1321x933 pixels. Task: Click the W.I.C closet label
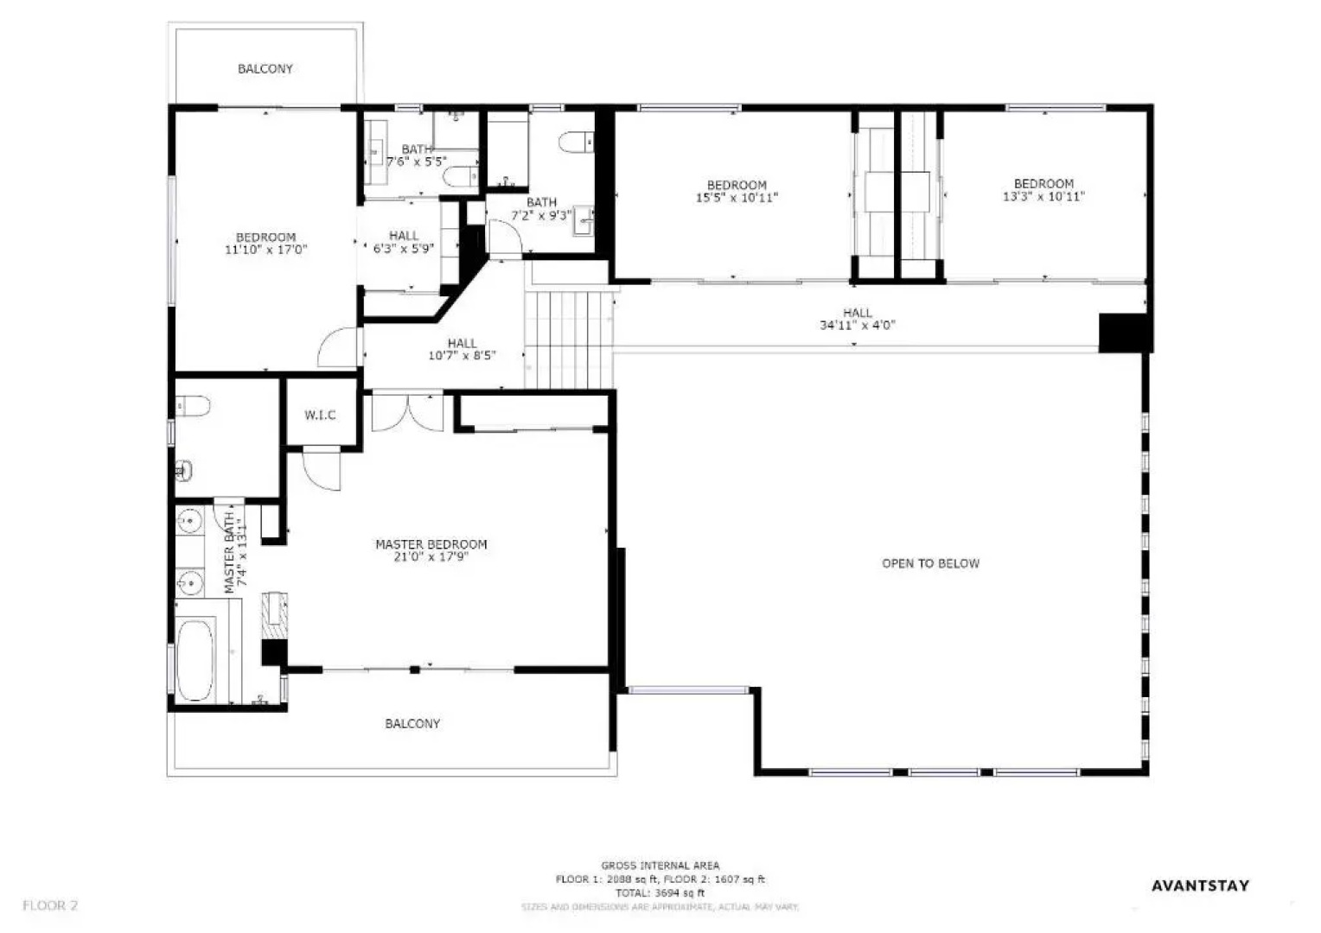coord(320,416)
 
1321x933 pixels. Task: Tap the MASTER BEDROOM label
coord(431,544)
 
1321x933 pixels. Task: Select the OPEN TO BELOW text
coord(930,563)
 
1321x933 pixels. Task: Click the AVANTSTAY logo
coord(1200,885)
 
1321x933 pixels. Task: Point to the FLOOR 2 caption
coord(50,905)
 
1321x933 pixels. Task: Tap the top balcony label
coord(265,68)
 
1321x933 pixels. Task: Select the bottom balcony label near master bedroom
coord(412,723)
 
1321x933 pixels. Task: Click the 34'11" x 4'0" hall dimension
coord(857,326)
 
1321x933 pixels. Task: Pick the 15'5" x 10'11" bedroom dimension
coord(737,198)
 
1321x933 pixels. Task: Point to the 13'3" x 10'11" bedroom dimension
coord(1043,196)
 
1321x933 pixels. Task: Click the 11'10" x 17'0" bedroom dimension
coord(266,250)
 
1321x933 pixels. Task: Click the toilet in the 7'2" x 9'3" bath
coord(576,142)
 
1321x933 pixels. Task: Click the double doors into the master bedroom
coord(407,412)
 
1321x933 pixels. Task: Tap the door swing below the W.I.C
coord(321,469)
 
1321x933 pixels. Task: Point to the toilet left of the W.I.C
coord(193,406)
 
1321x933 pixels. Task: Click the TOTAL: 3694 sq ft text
coord(660,892)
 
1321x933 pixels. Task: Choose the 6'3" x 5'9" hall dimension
coord(403,248)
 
